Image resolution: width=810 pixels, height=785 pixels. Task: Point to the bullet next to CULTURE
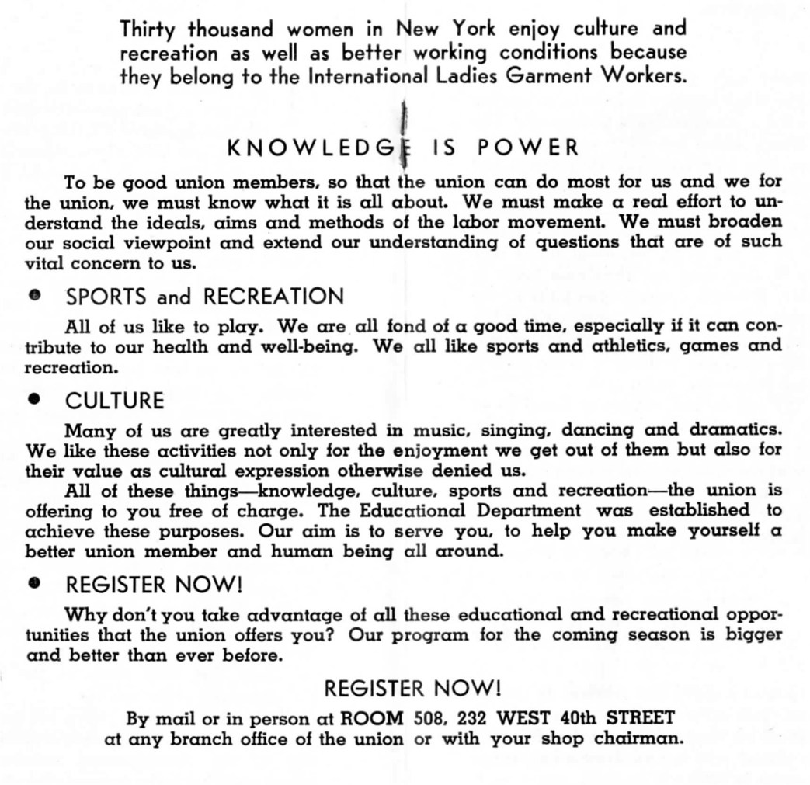33,400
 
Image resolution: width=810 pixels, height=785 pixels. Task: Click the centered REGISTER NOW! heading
412,688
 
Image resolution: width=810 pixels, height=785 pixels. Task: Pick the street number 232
471,717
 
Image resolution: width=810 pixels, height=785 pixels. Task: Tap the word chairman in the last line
638,738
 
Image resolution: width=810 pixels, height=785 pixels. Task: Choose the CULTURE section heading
115,401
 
